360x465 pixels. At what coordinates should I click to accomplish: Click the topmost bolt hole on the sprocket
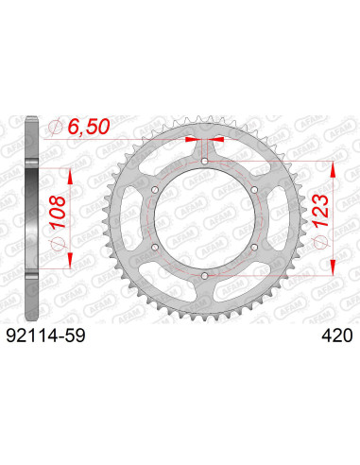(204, 162)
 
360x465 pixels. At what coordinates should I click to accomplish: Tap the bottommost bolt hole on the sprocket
(204, 275)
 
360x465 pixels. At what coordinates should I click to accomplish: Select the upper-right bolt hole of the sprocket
(253, 190)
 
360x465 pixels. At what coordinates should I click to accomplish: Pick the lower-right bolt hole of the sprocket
(253, 247)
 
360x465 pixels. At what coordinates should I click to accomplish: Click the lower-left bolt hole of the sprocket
(155, 247)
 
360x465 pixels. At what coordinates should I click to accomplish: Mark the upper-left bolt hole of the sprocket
(155, 190)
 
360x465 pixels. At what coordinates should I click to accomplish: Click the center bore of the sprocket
(204, 218)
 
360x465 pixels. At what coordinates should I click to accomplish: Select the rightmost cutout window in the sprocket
(274, 218)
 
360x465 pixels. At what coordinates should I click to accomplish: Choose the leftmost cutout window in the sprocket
(134, 218)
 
